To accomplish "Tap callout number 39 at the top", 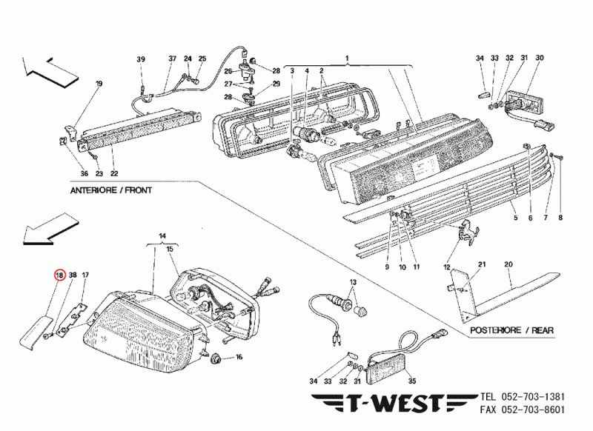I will (x=141, y=59).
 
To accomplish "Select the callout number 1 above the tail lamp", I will (x=345, y=58).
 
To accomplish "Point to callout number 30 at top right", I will (x=540, y=58).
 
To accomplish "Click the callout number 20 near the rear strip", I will (x=508, y=264).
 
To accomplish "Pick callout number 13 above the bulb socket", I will (x=353, y=284).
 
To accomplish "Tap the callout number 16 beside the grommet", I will (x=239, y=357).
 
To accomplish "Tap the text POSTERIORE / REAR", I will (x=512, y=330).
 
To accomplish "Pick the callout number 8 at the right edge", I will (x=560, y=218).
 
